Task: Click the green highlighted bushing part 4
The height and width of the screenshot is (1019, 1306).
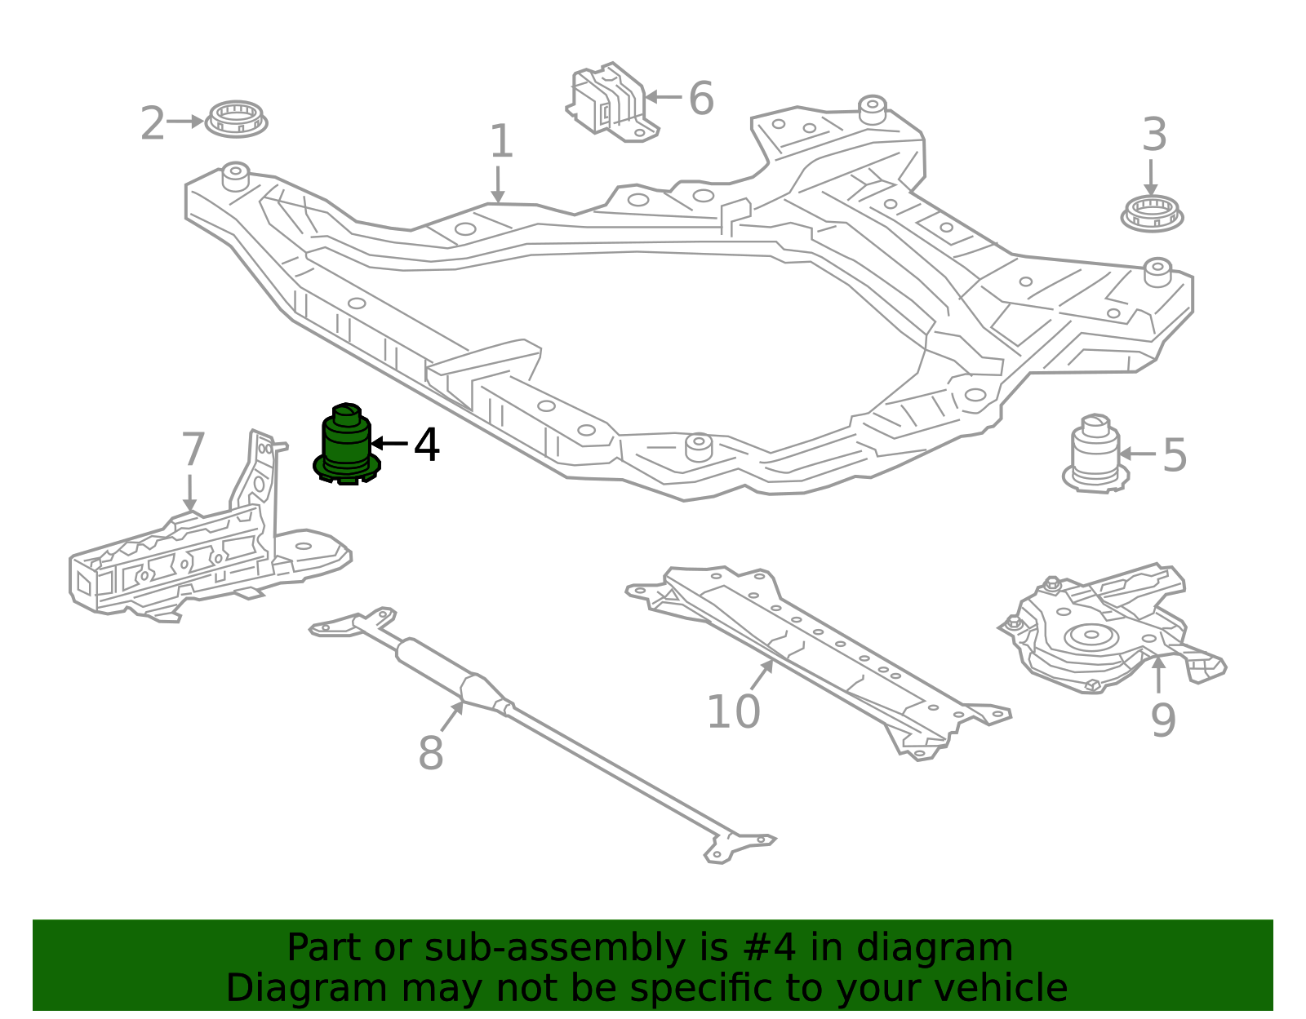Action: pyautogui.click(x=347, y=445)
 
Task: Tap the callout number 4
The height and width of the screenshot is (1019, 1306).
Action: pyautogui.click(x=426, y=445)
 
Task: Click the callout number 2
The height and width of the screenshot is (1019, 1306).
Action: pyautogui.click(x=152, y=124)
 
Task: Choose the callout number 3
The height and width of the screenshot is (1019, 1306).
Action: pyautogui.click(x=1153, y=135)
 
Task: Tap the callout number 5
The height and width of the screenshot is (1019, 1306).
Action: pyautogui.click(x=1174, y=455)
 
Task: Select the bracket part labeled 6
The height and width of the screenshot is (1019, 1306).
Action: pyautogui.click(x=611, y=102)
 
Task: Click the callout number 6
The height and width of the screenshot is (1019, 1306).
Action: pyautogui.click(x=700, y=99)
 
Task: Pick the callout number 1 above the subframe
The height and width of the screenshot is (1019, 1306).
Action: pyautogui.click(x=500, y=142)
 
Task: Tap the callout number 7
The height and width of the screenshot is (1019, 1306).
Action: pyautogui.click(x=193, y=450)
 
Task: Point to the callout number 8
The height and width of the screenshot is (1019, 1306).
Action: pyautogui.click(x=430, y=753)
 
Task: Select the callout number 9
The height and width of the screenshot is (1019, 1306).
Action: pyautogui.click(x=1162, y=720)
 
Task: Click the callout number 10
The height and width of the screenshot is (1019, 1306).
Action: pyautogui.click(x=732, y=711)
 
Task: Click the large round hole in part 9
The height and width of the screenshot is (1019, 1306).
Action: pyautogui.click(x=1091, y=637)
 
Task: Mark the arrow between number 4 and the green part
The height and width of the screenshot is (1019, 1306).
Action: pyautogui.click(x=389, y=444)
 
